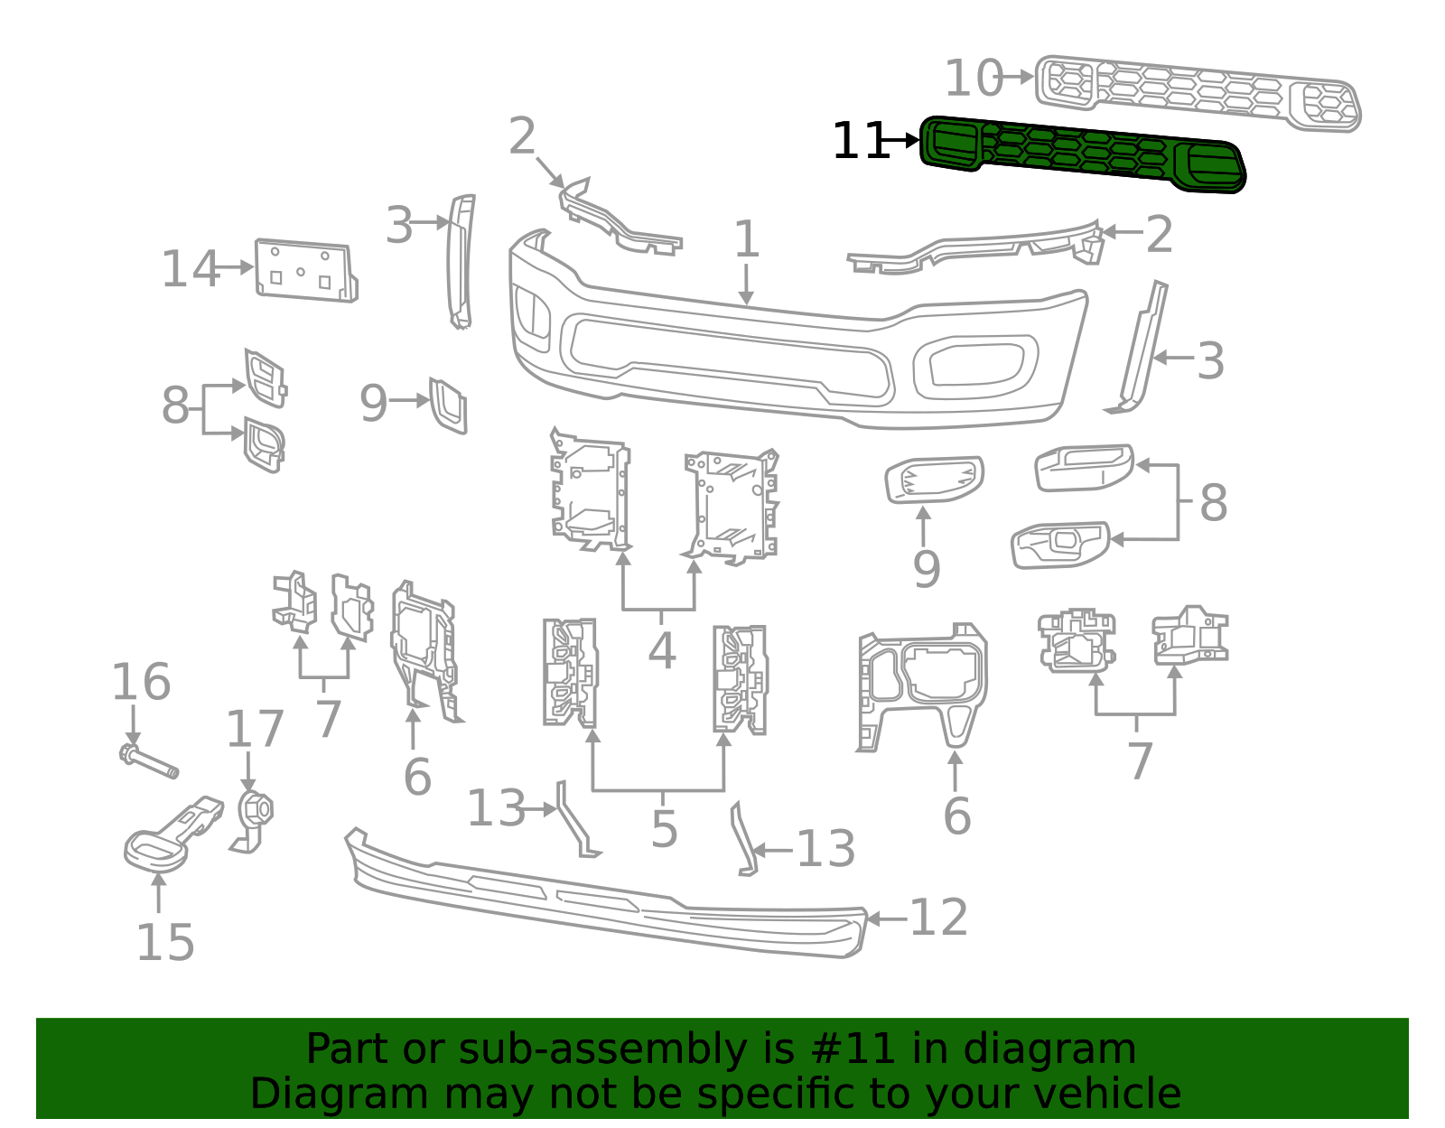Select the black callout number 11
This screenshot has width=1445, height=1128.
pyautogui.click(x=860, y=142)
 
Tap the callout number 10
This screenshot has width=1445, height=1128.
pyautogui.click(x=973, y=79)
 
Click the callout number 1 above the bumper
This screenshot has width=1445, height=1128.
pyautogui.click(x=746, y=240)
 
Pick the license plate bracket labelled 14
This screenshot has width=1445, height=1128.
pyautogui.click(x=305, y=270)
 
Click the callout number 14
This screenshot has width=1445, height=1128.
pyautogui.click(x=190, y=269)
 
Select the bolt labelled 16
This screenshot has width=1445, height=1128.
pyautogui.click(x=150, y=761)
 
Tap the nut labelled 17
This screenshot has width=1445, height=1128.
pyautogui.click(x=256, y=809)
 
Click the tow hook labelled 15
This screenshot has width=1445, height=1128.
pyautogui.click(x=172, y=832)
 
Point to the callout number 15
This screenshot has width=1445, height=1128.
pyautogui.click(x=164, y=943)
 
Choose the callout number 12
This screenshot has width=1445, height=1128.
pyautogui.click(x=938, y=918)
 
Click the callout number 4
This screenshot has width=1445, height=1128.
pyautogui.click(x=662, y=651)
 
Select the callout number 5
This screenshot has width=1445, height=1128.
pyautogui.click(x=664, y=829)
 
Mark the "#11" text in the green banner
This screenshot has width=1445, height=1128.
pyautogui.click(x=853, y=1049)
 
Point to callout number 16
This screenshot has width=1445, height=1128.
pyautogui.click(x=140, y=683)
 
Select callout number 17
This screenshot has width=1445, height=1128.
pyautogui.click(x=254, y=729)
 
